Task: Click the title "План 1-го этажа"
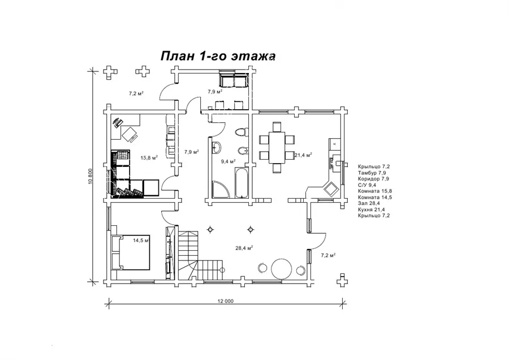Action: (218, 56)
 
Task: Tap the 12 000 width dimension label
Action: (225, 301)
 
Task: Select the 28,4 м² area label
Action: (244, 248)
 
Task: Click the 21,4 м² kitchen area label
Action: (303, 155)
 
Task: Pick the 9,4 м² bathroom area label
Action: (228, 161)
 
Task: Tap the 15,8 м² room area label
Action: (149, 158)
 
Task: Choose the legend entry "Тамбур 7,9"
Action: (372, 173)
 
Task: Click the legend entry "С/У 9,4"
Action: (367, 185)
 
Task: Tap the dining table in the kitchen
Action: (277, 148)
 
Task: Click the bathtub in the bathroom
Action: (242, 182)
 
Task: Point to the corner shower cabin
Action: (221, 189)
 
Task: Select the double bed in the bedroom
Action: (131, 252)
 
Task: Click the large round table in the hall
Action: (281, 268)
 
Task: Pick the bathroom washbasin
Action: (217, 148)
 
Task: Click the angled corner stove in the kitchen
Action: (331, 188)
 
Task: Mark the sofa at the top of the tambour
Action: (234, 80)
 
